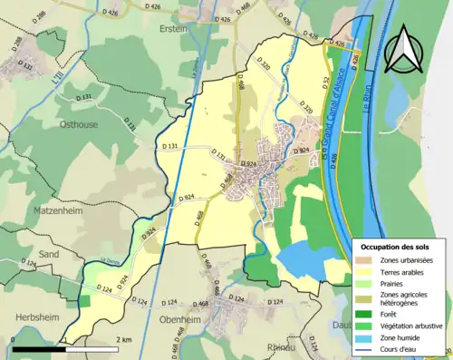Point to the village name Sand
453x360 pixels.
tap(48, 255)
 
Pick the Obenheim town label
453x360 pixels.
tap(179, 320)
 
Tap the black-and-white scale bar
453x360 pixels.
tap(62, 347)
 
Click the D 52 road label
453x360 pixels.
tap(323, 84)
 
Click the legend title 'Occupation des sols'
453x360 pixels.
tap(400, 247)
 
